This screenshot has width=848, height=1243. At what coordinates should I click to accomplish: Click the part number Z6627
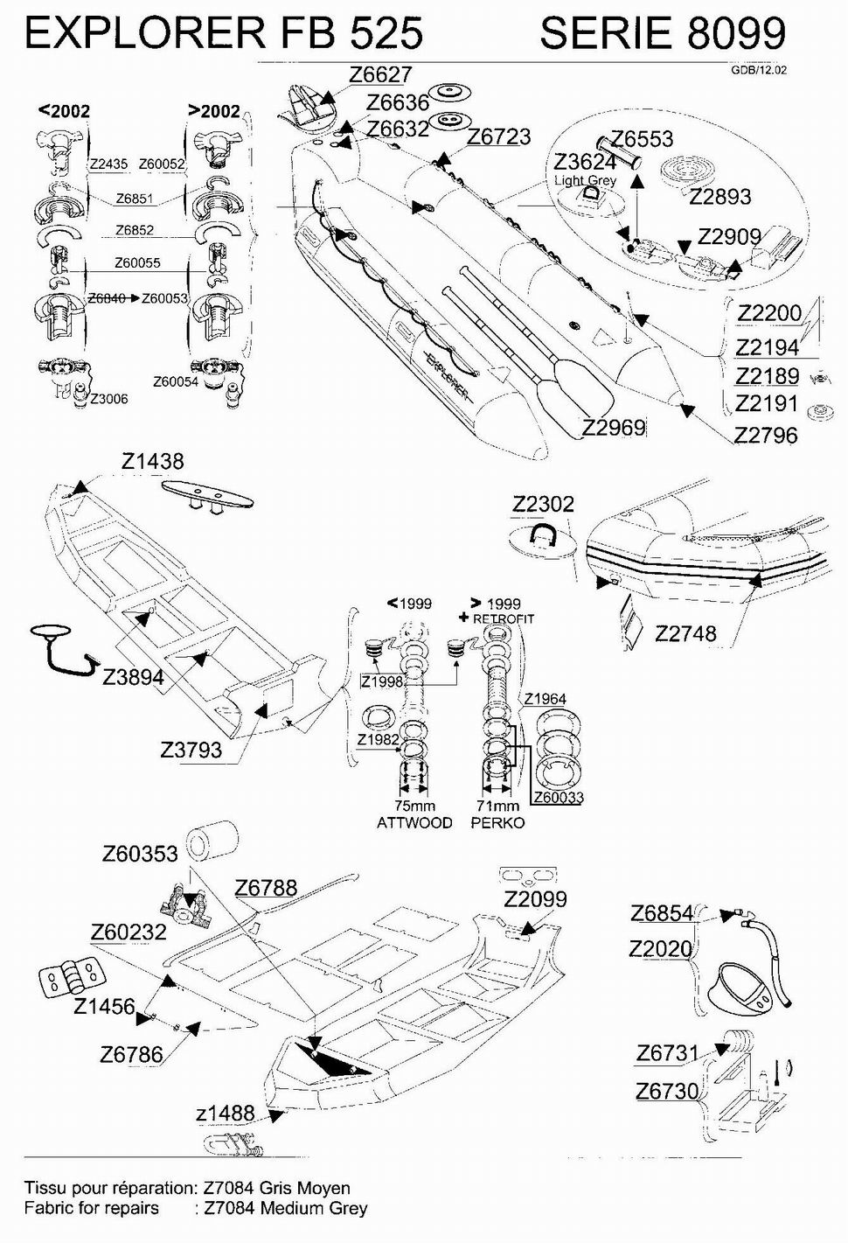point(379,75)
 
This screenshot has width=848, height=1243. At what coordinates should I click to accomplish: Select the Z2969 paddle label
point(614,427)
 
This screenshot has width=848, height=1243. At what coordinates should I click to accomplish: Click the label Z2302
point(543,504)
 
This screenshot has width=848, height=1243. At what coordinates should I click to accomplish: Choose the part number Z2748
point(685,633)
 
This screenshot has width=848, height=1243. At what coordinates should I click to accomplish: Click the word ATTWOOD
point(414,822)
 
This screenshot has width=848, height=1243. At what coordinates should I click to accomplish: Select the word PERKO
point(497,822)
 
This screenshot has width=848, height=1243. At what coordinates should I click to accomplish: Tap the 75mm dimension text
point(414,806)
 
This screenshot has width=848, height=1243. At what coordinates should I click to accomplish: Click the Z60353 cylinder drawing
point(213,841)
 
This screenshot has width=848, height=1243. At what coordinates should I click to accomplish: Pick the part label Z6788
point(266,888)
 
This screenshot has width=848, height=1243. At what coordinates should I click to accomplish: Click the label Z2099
point(535,899)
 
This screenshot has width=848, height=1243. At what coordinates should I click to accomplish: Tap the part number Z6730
point(667,1091)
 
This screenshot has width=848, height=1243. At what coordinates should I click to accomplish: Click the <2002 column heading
point(64,111)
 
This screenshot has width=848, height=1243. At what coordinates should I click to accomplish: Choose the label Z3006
point(108,399)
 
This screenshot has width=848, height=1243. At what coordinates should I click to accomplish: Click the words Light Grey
point(585,180)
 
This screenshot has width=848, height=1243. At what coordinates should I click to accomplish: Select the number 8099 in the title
point(736,33)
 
